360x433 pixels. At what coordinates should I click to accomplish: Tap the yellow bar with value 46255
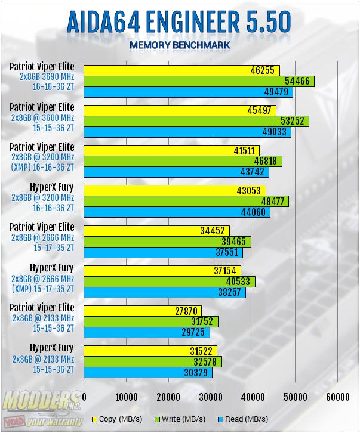[x=181, y=70]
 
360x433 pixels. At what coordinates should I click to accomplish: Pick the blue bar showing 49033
[x=187, y=132]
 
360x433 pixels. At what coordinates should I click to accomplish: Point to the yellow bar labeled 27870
[x=143, y=311]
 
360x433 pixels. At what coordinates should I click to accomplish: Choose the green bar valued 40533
[x=170, y=282]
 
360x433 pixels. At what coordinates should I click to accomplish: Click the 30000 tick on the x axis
[x=211, y=396]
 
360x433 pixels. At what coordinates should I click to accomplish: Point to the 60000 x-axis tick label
[x=337, y=396]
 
